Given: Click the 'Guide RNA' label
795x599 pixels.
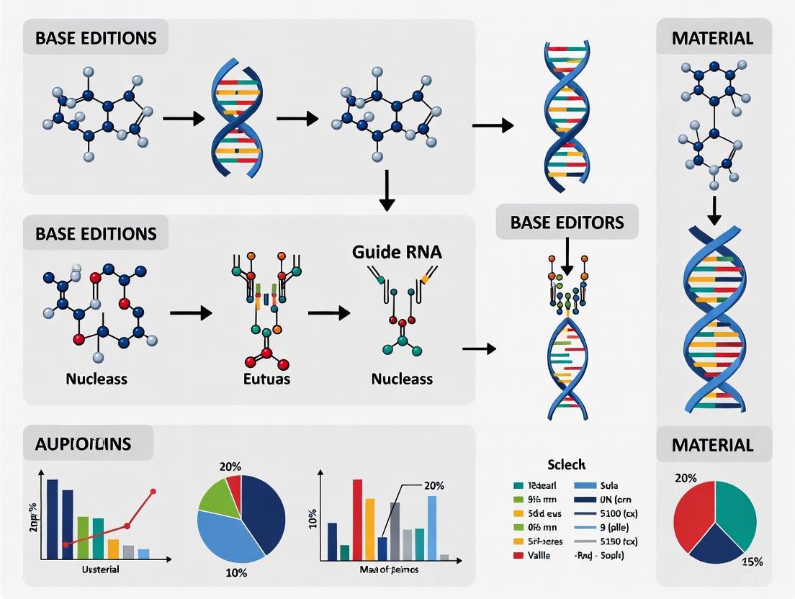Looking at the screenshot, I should point(397,253).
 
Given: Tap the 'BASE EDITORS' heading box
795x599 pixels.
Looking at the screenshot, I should point(567,222).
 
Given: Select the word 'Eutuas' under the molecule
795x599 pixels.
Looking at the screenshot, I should point(267,378).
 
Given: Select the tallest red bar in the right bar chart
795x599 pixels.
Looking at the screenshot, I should point(357,518).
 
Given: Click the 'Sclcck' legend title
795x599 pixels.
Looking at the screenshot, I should point(565,465).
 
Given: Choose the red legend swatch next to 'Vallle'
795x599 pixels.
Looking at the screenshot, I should point(518,555).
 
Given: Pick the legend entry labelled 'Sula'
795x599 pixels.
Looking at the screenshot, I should point(609,486).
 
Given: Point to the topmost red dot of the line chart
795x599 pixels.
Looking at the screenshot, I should point(153,492).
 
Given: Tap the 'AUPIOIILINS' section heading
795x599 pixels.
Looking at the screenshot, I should point(83,443).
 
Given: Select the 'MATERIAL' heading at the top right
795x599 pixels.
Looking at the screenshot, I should point(712,37).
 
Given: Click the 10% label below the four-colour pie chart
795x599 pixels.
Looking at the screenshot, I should point(235,573).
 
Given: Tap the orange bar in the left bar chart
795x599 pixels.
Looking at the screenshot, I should point(113,549).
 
